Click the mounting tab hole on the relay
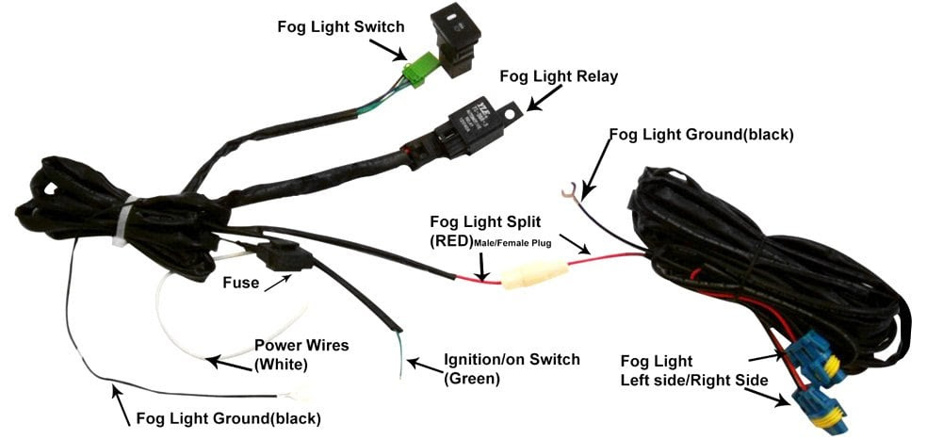513,110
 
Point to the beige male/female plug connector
535,276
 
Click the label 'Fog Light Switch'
340,26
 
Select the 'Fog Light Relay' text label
559,76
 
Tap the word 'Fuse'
240,283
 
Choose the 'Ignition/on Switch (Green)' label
512,368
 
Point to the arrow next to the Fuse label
279,283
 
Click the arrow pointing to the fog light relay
544,98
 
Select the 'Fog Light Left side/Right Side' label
694,370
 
